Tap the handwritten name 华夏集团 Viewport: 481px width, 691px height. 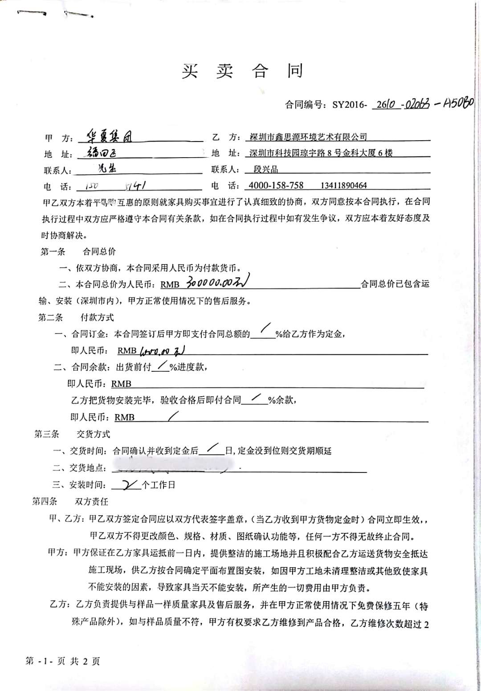pos(110,136)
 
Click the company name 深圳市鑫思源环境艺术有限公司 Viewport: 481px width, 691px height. pos(308,137)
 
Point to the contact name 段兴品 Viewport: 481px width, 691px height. pos(266,170)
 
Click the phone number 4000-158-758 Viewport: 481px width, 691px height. pos(276,185)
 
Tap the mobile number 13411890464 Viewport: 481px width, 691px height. pos(344,185)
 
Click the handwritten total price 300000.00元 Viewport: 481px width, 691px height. pos(218,282)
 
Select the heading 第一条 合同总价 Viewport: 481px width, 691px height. pos(78,252)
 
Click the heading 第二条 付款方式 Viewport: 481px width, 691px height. pos(76,317)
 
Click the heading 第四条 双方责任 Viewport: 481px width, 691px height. pos(70,501)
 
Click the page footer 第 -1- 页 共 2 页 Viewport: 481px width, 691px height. pos(63,661)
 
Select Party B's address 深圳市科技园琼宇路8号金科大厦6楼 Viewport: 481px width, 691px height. pos(321,153)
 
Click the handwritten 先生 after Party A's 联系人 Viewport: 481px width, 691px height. pos(107,168)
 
